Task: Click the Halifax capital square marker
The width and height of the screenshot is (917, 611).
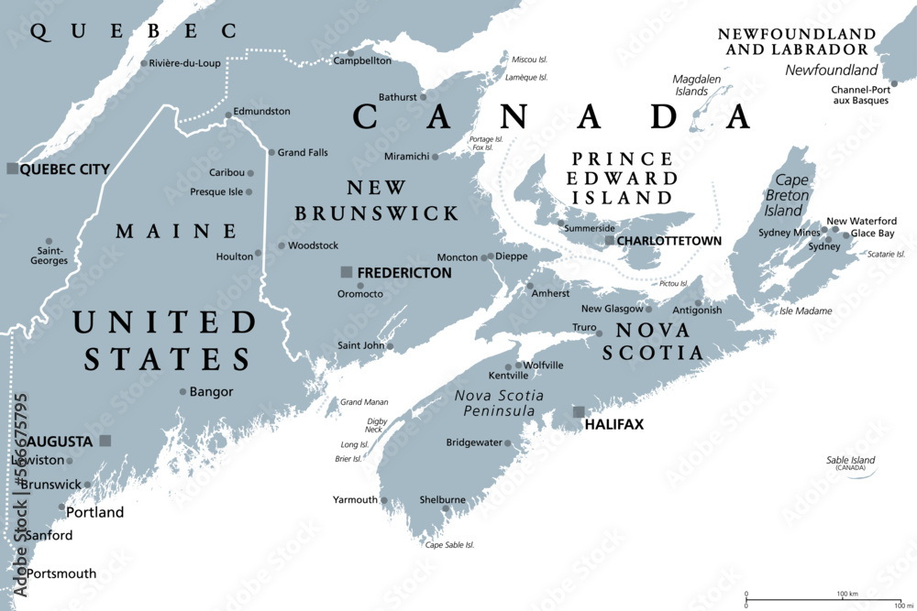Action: [579, 412]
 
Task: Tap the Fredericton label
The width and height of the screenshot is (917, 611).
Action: [403, 272]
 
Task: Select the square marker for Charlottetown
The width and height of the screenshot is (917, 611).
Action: [610, 240]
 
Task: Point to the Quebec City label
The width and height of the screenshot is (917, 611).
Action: [64, 169]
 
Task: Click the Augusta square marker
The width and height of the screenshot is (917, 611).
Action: [105, 441]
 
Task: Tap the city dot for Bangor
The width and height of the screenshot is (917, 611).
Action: [182, 391]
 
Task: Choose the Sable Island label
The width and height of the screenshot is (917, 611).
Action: [850, 461]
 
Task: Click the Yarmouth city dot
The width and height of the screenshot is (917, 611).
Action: [384, 500]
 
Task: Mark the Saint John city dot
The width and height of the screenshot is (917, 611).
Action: [390, 346]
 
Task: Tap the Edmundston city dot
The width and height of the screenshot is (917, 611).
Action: [228, 115]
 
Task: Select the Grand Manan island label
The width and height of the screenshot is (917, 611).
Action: [364, 402]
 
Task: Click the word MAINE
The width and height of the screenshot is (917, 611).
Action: [176, 232]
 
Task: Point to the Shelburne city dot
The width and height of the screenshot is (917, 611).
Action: [445, 509]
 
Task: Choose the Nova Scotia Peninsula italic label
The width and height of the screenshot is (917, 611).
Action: [499, 403]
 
